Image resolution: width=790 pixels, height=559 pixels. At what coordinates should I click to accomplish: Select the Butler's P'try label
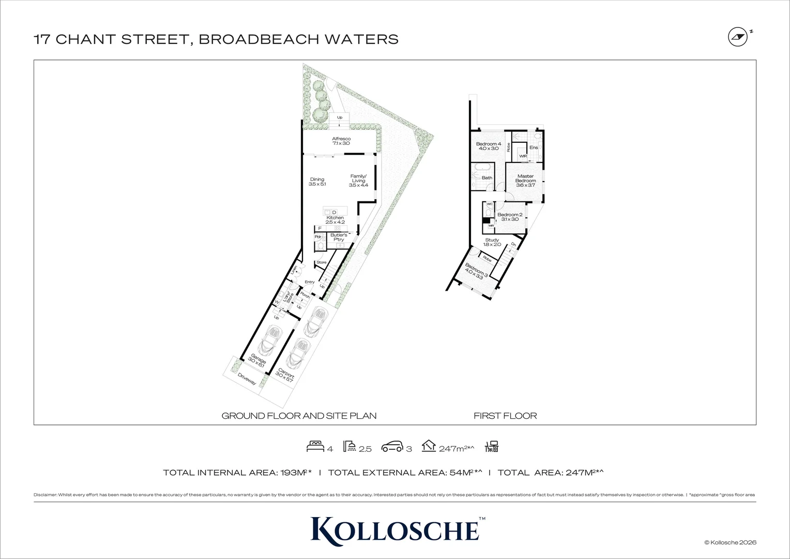339,237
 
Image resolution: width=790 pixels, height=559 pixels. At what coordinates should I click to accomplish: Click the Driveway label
247,379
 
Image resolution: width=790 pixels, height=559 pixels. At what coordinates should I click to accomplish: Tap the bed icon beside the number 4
315,447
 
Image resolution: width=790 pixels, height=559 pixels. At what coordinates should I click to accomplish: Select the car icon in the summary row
391,447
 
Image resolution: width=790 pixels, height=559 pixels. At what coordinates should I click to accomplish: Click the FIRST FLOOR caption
505,416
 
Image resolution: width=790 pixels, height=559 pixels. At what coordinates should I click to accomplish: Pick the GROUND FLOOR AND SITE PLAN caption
299,416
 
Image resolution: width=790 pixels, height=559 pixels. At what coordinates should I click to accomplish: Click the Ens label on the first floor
534,148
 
